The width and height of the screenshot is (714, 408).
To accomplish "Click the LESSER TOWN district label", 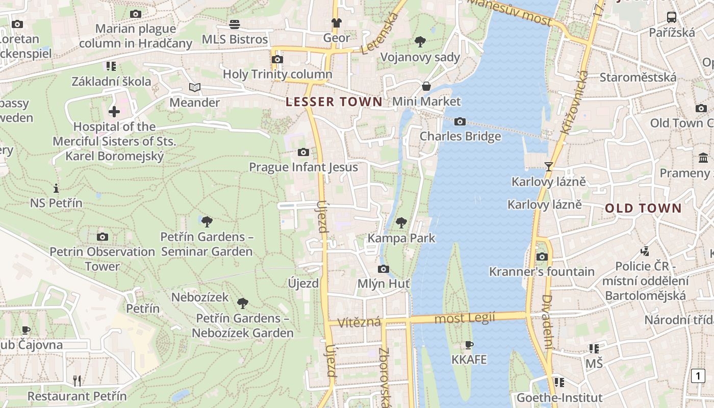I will tap(334, 101).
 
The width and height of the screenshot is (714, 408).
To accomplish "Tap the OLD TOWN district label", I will tap(643, 208).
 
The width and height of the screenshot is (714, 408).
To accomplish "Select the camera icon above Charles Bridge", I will tap(460, 121).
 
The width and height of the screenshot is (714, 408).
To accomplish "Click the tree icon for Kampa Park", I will tap(401, 222).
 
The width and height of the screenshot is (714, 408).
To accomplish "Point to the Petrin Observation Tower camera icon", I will tap(103, 237).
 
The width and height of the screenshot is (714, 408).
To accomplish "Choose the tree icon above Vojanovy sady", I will tap(420, 42).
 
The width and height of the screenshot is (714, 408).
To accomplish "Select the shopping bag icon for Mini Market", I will tap(426, 86).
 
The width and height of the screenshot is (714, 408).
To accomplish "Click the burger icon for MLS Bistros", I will tap(235, 24).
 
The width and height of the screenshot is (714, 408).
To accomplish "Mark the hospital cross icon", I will tap(114, 111).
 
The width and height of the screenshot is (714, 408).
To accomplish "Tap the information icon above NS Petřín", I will tap(56, 188).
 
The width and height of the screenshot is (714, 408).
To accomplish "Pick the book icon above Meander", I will tap(195, 87).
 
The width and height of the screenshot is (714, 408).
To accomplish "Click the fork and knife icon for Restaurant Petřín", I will tap(77, 380).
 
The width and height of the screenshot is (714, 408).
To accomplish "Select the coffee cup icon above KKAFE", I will tap(469, 345).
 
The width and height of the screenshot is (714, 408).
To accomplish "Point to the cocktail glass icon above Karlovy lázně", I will tap(548, 166).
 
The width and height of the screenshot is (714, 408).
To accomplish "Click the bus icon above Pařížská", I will tap(672, 17).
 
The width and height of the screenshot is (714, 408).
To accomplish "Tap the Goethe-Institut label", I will tap(559, 398).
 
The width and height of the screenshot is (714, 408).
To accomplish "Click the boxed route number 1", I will tap(698, 376).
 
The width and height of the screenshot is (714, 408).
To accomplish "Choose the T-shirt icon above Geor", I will tap(336, 22).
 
